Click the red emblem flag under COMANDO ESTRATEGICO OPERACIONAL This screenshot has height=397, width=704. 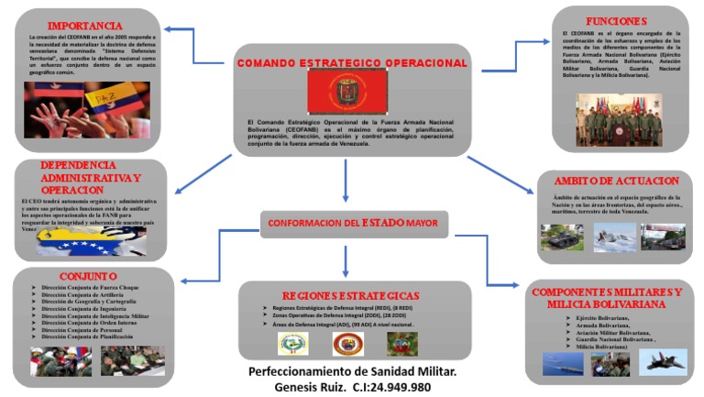[x=347, y=93]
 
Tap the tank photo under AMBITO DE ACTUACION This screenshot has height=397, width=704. [x=561, y=237]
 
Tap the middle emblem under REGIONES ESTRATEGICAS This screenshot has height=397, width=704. [x=347, y=344]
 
